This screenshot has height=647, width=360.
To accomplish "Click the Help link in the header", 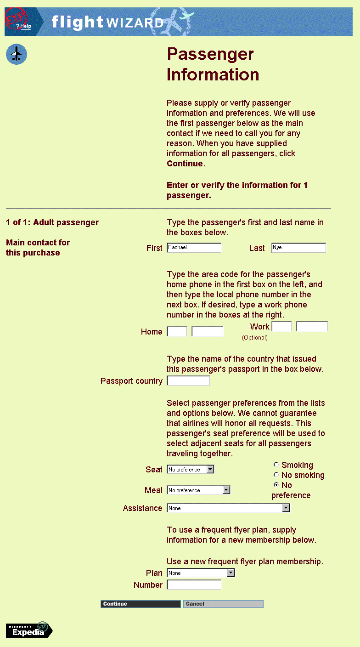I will pos(25,26).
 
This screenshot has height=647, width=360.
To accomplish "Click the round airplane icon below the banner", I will pos(17,55).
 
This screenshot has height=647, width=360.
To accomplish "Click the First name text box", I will pos(194,248).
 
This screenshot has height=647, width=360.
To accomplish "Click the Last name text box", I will pos(298,248).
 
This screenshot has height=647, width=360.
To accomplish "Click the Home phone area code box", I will pos(177,331).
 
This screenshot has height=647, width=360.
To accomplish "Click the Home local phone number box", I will pos(207,331).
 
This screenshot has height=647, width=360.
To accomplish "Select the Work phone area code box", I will pos(281,326).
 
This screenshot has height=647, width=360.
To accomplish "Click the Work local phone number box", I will pos(312,326).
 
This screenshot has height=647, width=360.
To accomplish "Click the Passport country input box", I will pos(188,380).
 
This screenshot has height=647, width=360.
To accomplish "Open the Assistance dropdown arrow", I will pos(286,508).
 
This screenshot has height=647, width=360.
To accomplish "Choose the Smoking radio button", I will pos(276,465).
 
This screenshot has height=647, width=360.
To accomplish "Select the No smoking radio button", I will pos(276,475).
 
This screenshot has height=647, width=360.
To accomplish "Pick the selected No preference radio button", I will pos(276,485).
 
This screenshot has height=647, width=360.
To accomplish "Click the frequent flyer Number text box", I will pos(194,585).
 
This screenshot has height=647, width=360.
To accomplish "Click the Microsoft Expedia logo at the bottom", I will pos(29,630).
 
